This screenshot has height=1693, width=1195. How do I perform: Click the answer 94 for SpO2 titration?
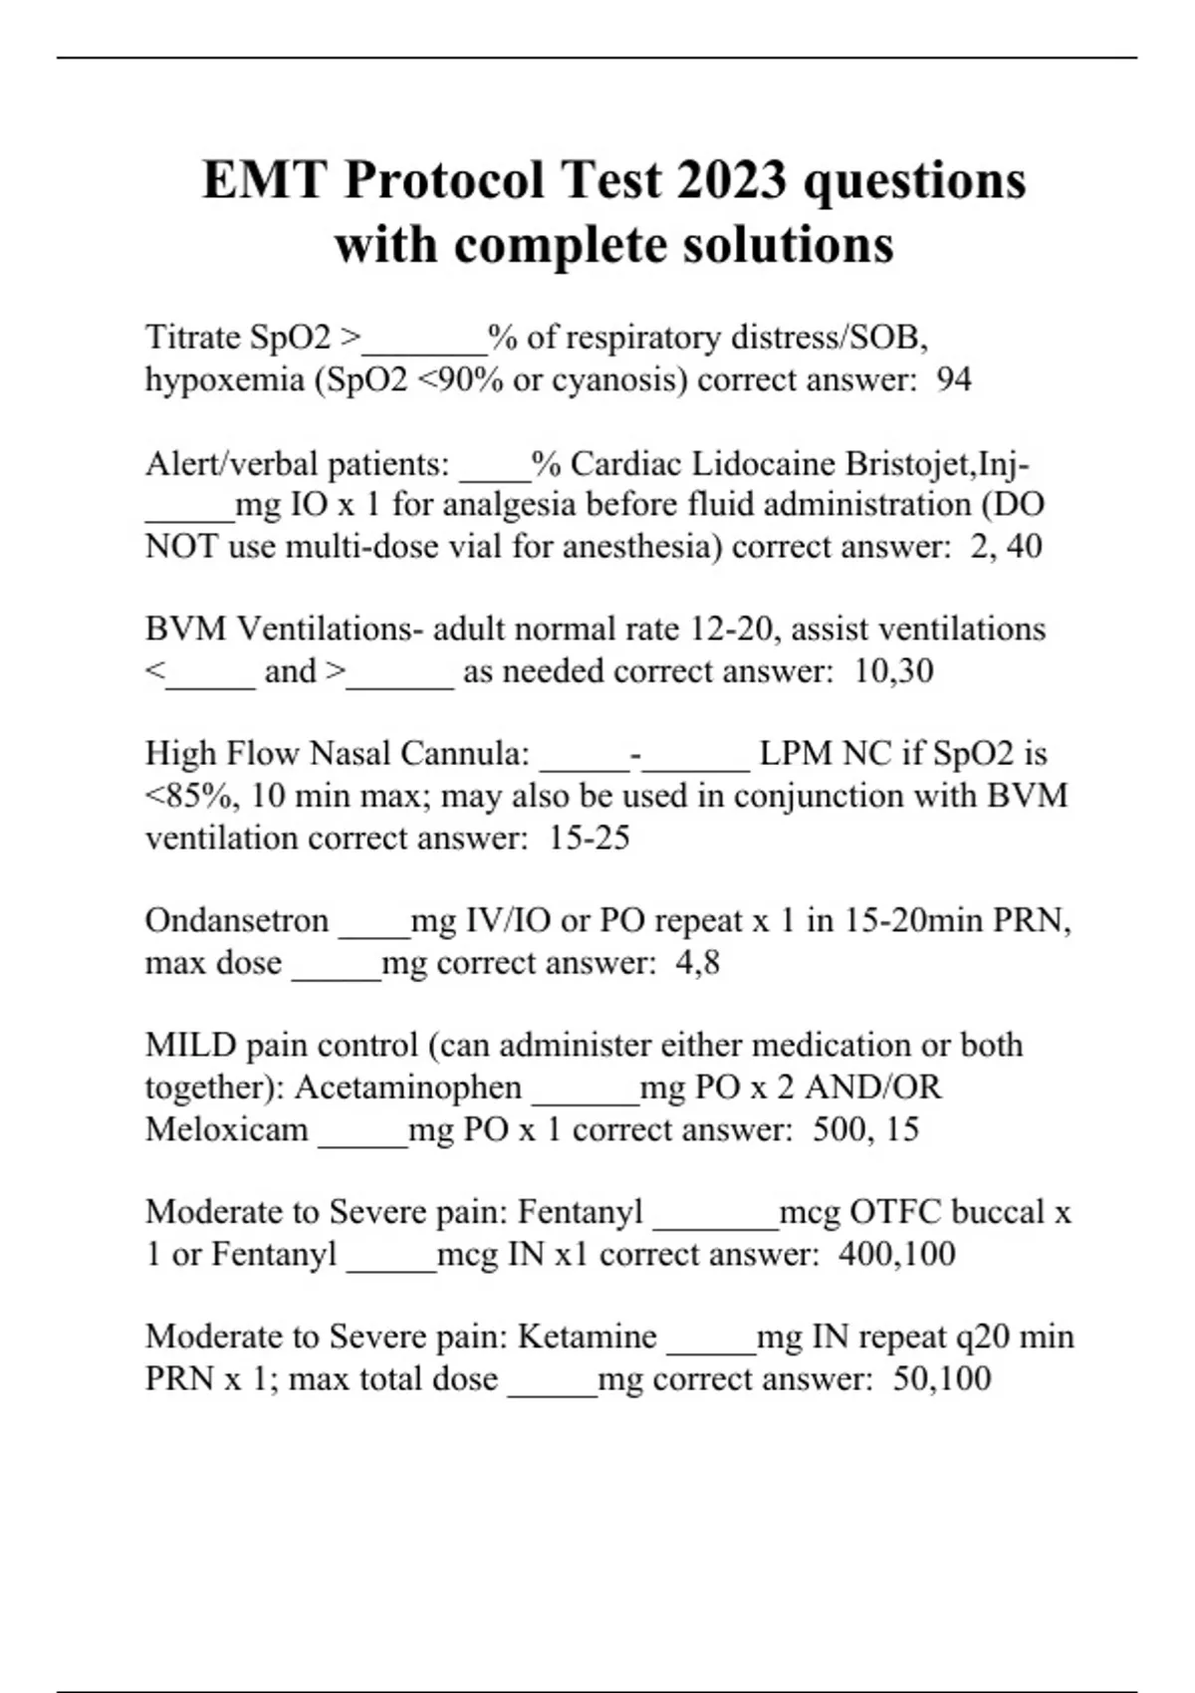(x=954, y=379)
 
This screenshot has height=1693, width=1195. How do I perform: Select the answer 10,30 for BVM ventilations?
(x=893, y=671)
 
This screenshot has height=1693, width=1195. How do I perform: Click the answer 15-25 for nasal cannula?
(x=590, y=838)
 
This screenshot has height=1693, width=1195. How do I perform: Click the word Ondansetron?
(x=237, y=920)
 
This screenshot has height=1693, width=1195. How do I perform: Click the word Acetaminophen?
(x=408, y=1087)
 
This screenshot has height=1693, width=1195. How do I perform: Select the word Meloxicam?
(x=227, y=1129)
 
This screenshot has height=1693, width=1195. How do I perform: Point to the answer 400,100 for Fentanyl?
(x=896, y=1254)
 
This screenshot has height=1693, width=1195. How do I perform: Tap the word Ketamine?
(x=588, y=1336)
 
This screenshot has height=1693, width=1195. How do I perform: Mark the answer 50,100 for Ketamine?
(x=942, y=1379)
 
